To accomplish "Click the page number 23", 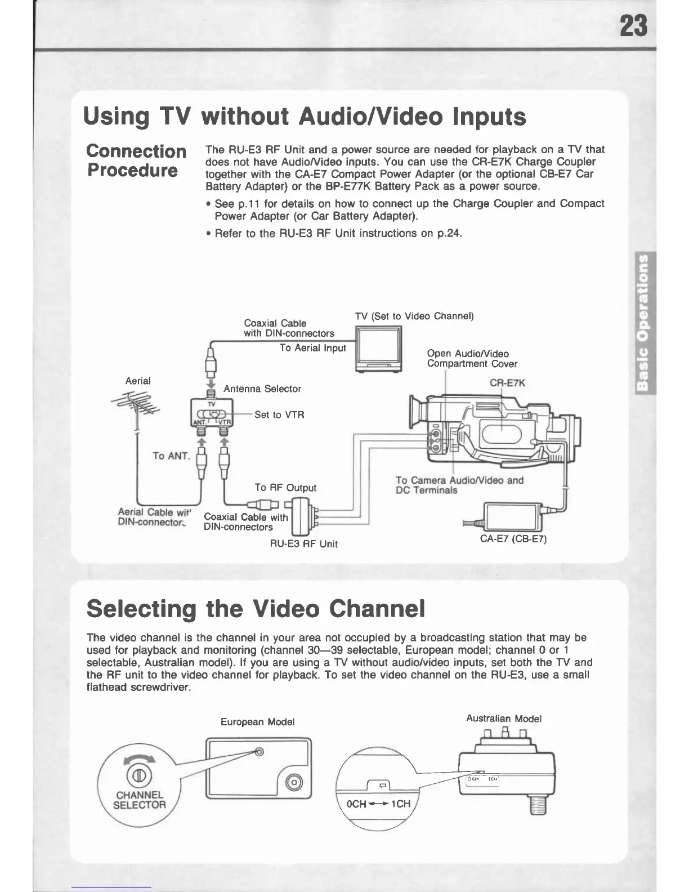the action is pos(633,26).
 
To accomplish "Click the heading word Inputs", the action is pos(489,117).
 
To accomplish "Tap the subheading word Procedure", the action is pos(132,170).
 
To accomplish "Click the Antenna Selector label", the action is pos(262,389).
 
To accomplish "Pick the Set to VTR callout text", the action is pos(279,415).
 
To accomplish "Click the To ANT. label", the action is pos(172,456).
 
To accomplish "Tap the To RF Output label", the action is pos(285,488).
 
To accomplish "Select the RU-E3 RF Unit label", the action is pos(304,544).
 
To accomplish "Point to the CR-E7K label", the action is pos(507,383).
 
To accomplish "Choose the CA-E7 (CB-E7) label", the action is pos(513,539).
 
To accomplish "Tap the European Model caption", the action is pos(258,722).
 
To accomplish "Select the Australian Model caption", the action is pos(504,719).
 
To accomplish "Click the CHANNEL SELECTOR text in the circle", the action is pos(140,800).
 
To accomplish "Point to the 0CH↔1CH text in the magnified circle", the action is pos(378,804).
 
